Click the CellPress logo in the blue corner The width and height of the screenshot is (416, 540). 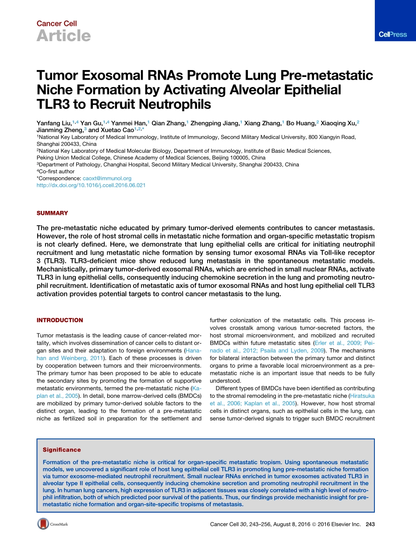click(392, 35)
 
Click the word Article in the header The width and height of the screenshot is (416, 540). click(63, 36)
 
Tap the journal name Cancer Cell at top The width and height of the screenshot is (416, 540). click(56, 24)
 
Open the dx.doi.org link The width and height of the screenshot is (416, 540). click(91, 185)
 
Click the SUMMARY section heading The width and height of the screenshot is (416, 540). click(52, 213)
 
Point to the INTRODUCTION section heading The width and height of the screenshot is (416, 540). click(60, 320)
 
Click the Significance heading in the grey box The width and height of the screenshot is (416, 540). click(62, 450)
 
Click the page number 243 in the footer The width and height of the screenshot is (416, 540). click(370, 524)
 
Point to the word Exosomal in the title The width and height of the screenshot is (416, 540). click(116, 76)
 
